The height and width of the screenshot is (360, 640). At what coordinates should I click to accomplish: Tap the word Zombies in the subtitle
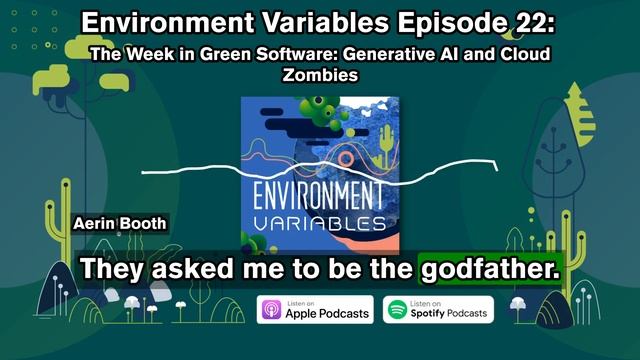point(320,74)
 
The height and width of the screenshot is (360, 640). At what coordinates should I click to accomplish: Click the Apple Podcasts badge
point(315,310)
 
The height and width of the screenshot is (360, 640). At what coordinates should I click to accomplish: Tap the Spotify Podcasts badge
point(439,310)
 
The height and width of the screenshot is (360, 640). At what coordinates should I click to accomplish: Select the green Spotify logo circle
point(397,310)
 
